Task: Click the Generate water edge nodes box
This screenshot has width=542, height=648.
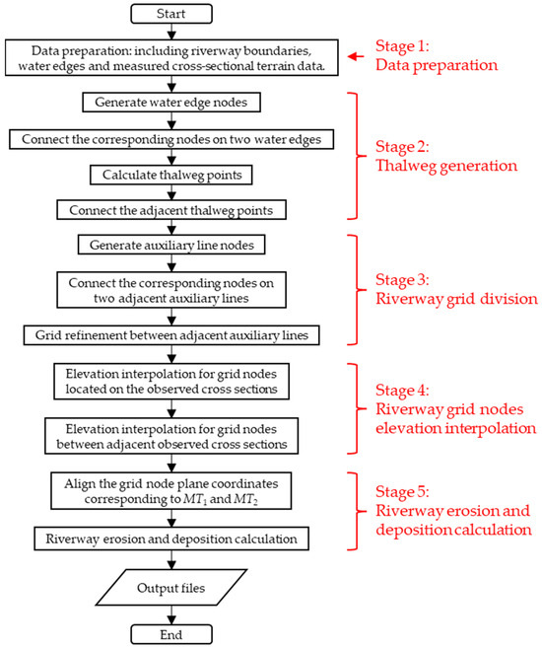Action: pyautogui.click(x=173, y=101)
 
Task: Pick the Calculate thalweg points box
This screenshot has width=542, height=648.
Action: pyautogui.click(x=173, y=175)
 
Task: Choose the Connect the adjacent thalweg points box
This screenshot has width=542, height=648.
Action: pyautogui.click(x=173, y=211)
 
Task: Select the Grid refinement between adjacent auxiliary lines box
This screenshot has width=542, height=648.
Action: pyautogui.click(x=173, y=336)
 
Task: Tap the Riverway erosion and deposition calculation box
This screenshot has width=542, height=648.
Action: pyautogui.click(x=173, y=540)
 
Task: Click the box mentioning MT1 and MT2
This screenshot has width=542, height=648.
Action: pyautogui.click(x=173, y=491)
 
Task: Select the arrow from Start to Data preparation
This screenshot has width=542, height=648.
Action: pyautogui.click(x=173, y=34)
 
